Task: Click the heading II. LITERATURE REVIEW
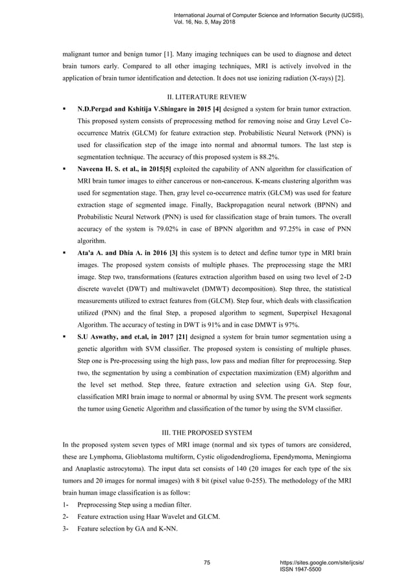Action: [x=206, y=97]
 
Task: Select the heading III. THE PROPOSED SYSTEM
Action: [x=206, y=431]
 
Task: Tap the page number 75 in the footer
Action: [x=206, y=563]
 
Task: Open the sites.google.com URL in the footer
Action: [x=321, y=562]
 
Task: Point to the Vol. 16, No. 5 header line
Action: [x=205, y=21]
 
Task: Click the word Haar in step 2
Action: [x=149, y=516]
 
